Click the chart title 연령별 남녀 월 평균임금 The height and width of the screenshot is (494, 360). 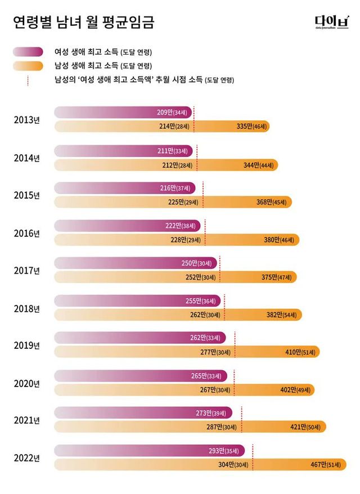[x=83, y=23]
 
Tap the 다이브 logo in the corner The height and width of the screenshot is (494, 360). [x=332, y=22]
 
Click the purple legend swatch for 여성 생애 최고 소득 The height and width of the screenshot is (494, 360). [x=28, y=52]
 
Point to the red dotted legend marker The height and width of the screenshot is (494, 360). [x=28, y=80]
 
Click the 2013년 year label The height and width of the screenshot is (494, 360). [x=26, y=120]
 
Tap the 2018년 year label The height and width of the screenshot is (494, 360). [x=26, y=308]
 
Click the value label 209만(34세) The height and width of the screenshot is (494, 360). [x=174, y=113]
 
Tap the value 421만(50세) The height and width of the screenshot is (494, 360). [x=307, y=428]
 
